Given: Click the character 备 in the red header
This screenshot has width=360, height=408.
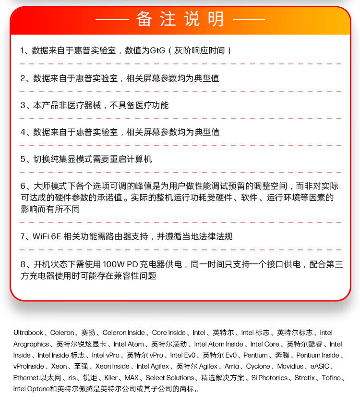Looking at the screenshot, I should pyautogui.click(x=144, y=19).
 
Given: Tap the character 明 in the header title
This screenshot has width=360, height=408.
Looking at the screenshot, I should pyautogui.click(x=216, y=19).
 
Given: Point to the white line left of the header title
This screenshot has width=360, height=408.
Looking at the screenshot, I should pyautogui.click(x=112, y=20).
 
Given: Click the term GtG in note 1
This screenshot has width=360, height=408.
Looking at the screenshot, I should pyautogui.click(x=158, y=50).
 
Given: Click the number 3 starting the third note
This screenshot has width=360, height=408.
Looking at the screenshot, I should pyautogui.click(x=23, y=105).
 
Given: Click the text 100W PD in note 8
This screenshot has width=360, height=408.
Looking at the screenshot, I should pyautogui.click(x=120, y=264).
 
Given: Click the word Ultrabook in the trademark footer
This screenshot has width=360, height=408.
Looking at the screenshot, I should pyautogui.click(x=28, y=333).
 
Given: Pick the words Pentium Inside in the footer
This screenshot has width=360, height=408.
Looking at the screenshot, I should pyautogui.click(x=317, y=356).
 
